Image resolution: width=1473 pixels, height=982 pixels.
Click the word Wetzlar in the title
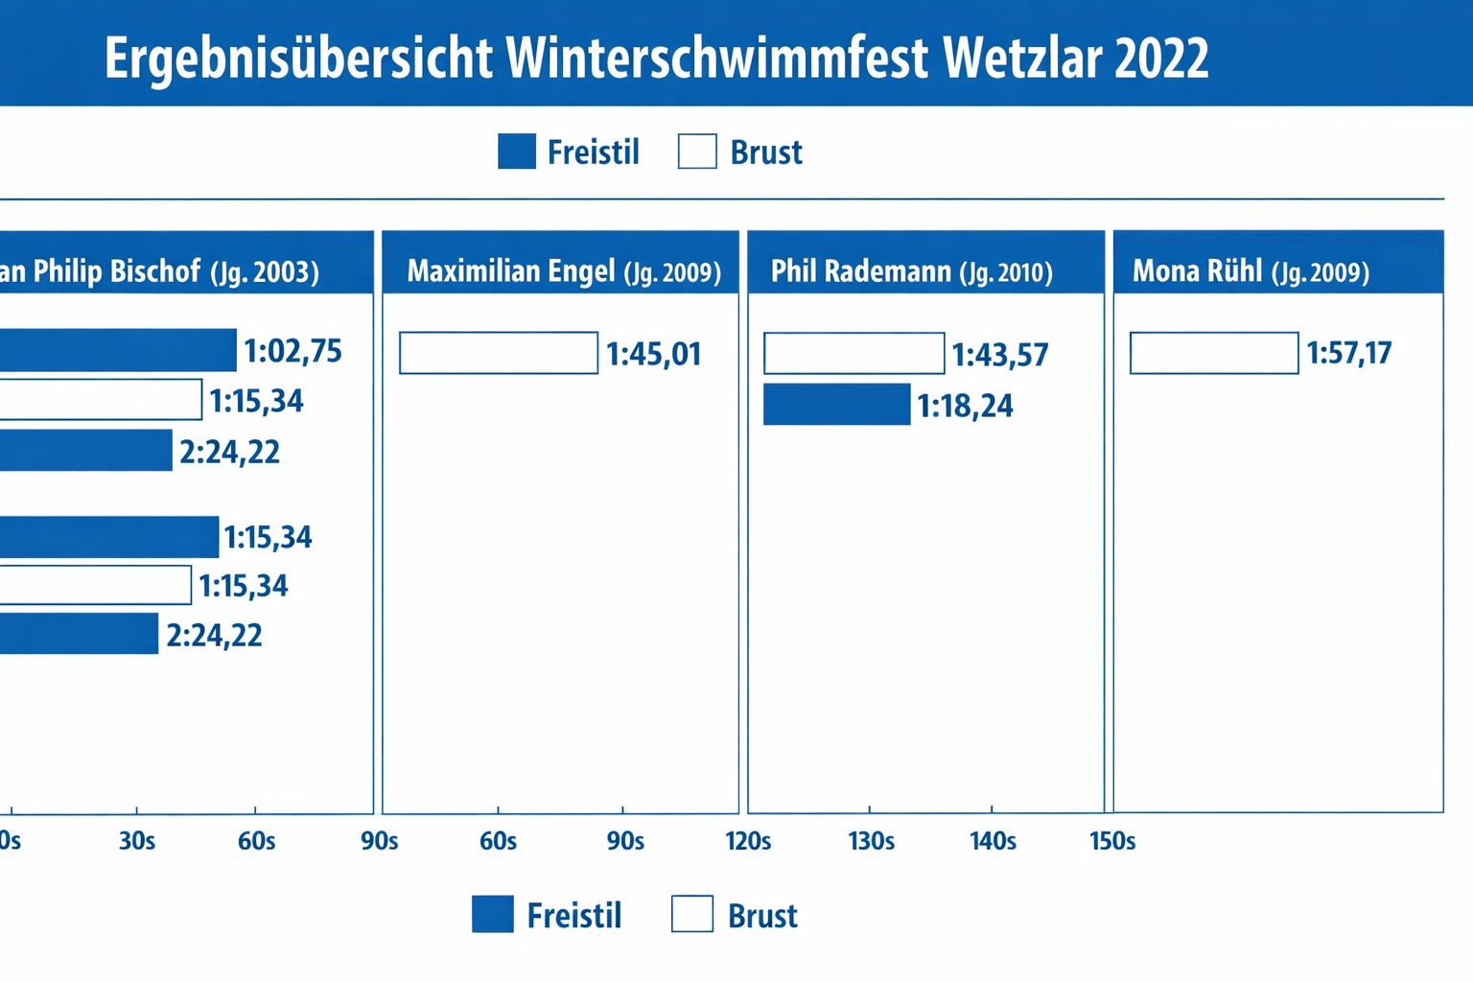[1021, 58]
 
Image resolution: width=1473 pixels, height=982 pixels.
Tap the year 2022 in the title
[1161, 58]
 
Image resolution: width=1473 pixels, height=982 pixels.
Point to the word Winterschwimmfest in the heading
[717, 58]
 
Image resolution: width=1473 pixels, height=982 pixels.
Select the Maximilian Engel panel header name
[511, 271]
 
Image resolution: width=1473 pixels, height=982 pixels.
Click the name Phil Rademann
[860, 271]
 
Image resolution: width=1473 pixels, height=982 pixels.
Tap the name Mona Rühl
[1197, 271]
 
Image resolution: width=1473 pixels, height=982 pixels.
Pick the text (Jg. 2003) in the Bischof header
[264, 272]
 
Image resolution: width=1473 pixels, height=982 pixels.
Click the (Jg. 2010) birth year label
[1006, 273]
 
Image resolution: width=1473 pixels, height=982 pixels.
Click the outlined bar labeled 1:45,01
[499, 353]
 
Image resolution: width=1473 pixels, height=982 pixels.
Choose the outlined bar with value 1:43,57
[853, 353]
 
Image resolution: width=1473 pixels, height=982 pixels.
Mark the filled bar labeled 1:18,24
[836, 405]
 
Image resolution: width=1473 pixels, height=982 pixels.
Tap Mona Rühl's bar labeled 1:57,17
[1214, 353]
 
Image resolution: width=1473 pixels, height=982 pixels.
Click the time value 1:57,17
[1348, 354]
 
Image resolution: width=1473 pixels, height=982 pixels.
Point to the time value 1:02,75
[292, 352]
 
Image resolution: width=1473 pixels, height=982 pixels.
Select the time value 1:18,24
[965, 407]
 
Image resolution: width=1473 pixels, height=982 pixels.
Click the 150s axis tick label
[1112, 842]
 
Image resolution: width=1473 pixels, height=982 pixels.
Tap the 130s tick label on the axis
[871, 842]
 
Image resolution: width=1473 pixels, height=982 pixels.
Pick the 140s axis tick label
[993, 842]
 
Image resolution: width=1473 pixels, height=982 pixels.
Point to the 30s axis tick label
[137, 842]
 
